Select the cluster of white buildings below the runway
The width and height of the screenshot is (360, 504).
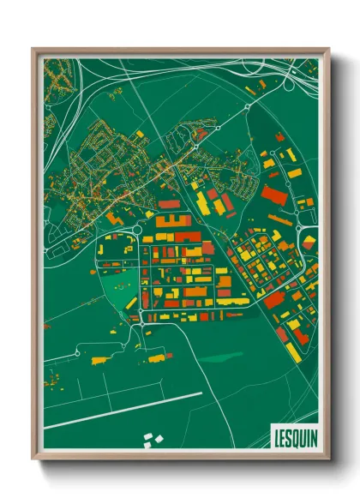pos(152,440)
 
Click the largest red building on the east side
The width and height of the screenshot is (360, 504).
pos(273,195)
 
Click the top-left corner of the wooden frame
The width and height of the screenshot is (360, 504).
pos(33,50)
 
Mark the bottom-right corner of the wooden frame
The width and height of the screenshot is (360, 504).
pos(328,459)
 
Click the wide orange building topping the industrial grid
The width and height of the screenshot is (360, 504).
pos(174,221)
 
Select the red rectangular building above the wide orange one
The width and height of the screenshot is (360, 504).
pos(169,206)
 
